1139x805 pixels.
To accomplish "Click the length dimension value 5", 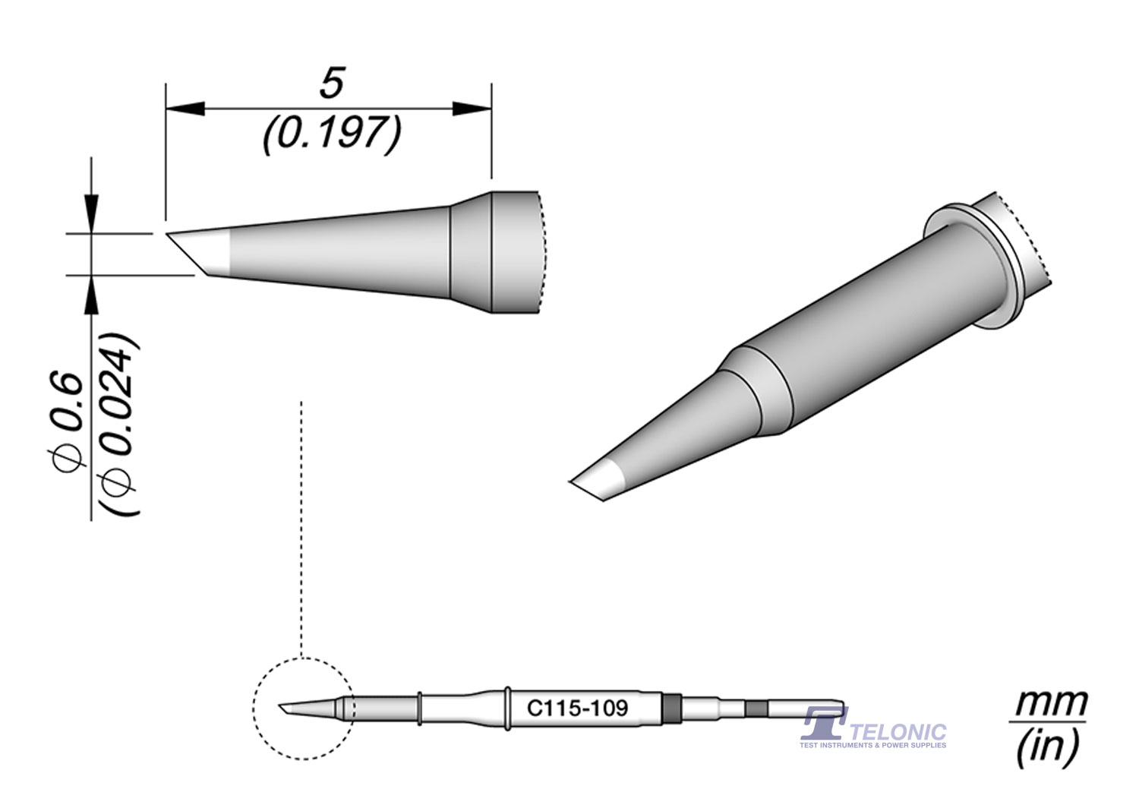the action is click(x=332, y=82).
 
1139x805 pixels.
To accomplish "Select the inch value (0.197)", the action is click(x=332, y=134).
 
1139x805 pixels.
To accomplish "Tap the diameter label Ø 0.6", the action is click(x=67, y=422).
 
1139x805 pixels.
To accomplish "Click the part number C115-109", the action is click(x=577, y=708).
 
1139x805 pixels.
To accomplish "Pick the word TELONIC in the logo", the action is click(x=898, y=733).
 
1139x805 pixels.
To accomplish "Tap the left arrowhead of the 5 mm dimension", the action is click(x=185, y=109).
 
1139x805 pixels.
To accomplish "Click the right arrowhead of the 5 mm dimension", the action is click(x=472, y=109).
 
